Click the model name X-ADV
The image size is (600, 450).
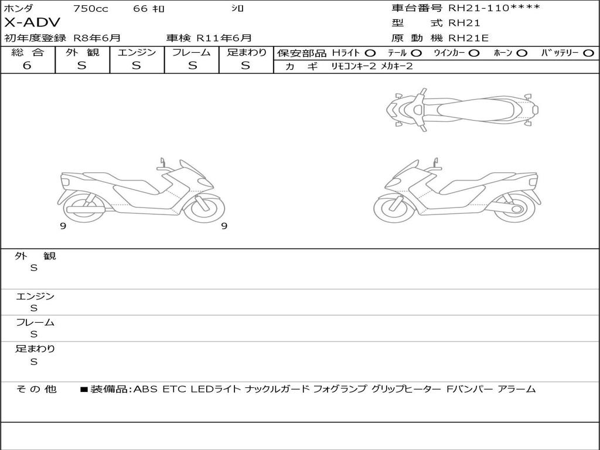[x=32, y=23]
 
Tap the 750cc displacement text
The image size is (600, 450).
[x=91, y=8]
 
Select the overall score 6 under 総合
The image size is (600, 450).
[x=27, y=66]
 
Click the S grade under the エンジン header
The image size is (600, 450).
[x=137, y=66]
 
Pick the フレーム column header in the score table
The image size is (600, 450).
[x=192, y=52]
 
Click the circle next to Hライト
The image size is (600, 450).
[x=370, y=53]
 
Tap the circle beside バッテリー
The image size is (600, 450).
[x=588, y=53]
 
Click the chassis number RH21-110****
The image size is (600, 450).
[x=494, y=8]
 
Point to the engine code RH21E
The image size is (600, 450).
[x=468, y=38]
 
